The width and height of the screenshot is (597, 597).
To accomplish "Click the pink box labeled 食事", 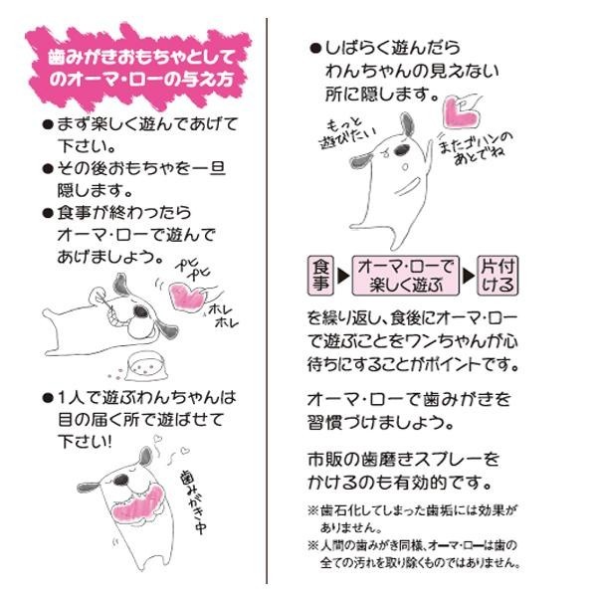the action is coord(320,276).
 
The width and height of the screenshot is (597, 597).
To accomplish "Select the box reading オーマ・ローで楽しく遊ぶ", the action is coord(406,276).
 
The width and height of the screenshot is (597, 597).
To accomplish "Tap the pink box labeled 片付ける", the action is coord(497,276).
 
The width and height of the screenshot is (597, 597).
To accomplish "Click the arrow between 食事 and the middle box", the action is coord(343,276).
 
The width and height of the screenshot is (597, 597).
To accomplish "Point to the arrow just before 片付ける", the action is coord(469,276).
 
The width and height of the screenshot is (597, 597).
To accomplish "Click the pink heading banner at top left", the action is coord(138,68).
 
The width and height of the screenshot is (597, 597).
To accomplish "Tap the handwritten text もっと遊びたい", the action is coord(345,133).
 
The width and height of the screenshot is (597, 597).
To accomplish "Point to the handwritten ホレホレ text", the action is coord(223,314).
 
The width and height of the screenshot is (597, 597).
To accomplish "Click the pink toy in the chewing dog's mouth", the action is coord(138,503).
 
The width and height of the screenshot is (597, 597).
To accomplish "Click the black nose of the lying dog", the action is coord(141,311).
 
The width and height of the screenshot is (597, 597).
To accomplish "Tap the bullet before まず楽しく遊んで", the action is coord(48,125).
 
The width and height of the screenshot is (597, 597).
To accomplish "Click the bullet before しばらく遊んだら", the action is coord(315,49).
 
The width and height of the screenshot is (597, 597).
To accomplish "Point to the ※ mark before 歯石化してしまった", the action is coord(313,510).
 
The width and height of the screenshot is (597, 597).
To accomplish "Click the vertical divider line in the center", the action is coord(267,300).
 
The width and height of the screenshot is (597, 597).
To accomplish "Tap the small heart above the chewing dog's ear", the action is coord(157,439).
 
